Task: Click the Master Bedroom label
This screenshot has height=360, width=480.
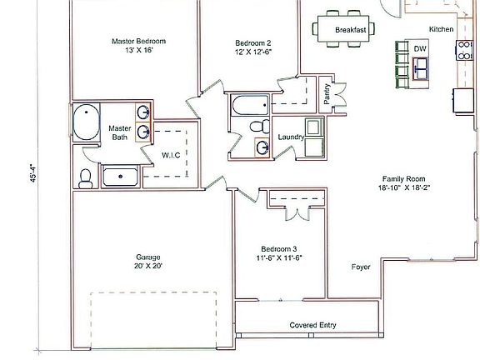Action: pos(139,41)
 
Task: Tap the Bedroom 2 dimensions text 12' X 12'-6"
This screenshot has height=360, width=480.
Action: pos(253,52)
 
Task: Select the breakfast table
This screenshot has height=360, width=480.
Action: pos(344,29)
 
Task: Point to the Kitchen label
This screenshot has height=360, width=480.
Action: pos(442,29)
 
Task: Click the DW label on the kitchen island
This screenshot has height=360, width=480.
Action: pos(420,49)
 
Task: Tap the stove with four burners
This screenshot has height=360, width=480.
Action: pos(462,52)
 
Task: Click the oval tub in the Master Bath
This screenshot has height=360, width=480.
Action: pos(86,124)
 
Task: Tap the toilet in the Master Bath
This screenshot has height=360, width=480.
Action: pos(85,176)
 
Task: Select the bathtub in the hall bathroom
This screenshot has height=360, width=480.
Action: pos(248,106)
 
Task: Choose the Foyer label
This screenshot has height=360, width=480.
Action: pos(361,267)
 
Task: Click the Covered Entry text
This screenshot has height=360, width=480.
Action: pos(313,325)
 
